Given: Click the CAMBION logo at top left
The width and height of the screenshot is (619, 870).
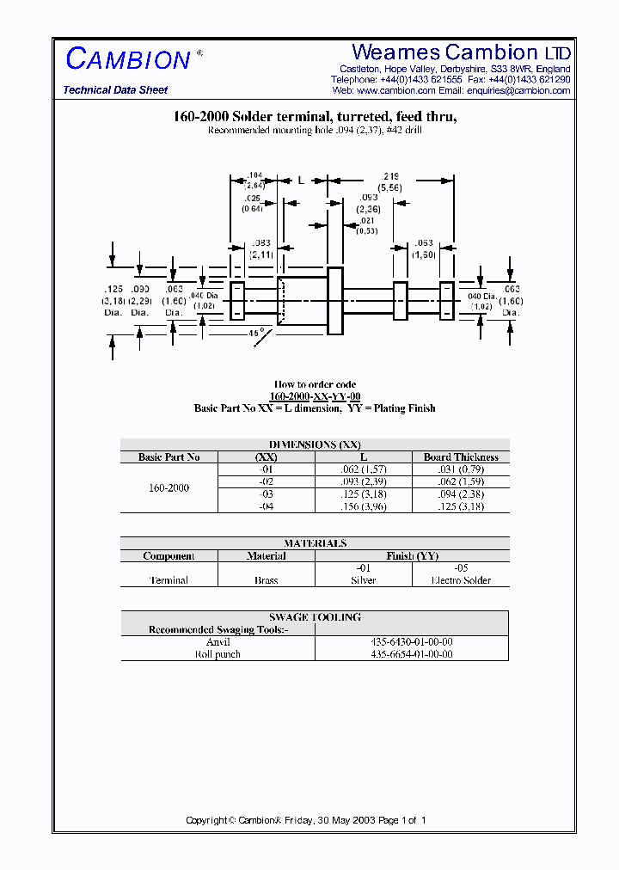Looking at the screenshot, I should (128, 59).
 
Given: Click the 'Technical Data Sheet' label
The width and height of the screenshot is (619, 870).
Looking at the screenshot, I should (115, 90).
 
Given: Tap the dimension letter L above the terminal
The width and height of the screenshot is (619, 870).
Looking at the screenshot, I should (301, 180).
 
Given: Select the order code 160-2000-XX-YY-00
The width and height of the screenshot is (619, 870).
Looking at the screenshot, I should (315, 396).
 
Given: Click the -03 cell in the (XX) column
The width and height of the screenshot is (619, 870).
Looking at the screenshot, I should (267, 494).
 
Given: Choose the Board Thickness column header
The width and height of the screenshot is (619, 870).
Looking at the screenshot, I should (460, 457).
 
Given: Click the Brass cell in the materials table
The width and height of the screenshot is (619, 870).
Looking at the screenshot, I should (267, 580).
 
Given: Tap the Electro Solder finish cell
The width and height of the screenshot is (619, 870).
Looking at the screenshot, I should (460, 580).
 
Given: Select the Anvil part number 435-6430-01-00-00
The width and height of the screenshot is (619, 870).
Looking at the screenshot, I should (412, 642).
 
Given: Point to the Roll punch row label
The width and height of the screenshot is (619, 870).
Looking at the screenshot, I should (218, 654).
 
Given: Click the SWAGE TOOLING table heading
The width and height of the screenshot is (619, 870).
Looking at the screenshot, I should (315, 617).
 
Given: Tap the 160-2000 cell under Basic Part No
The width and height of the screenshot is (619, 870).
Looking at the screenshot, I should (169, 487).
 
